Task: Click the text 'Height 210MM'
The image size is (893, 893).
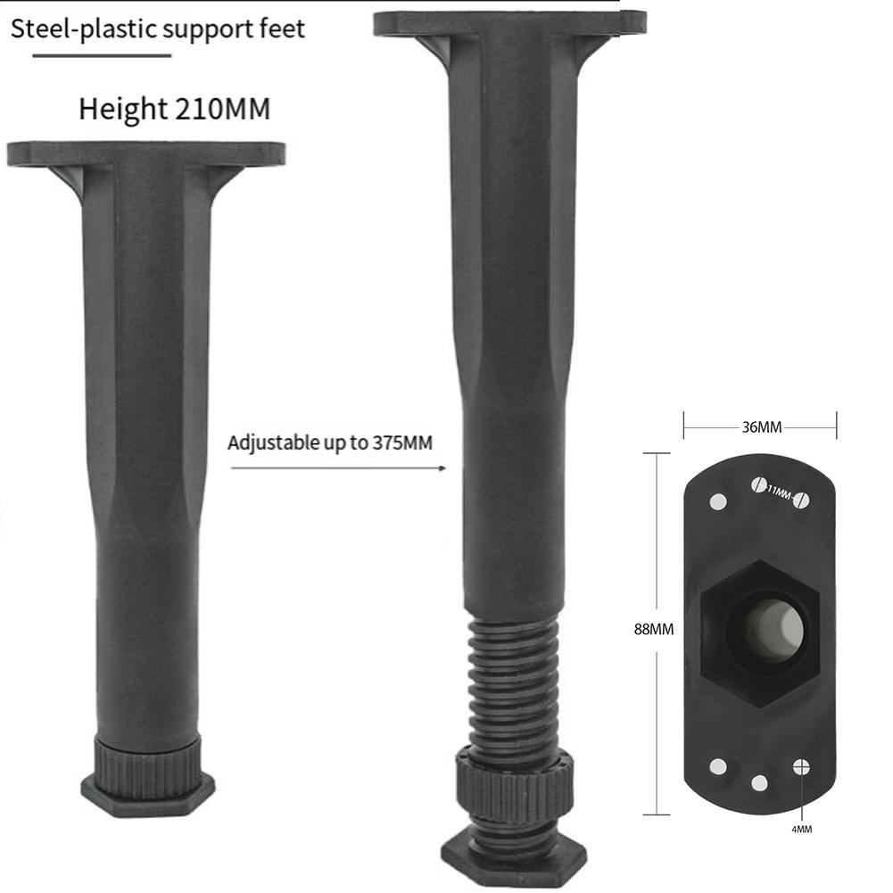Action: [x=174, y=110]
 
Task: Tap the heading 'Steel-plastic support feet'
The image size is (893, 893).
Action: [x=158, y=29]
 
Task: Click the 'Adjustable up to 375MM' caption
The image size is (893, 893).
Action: [x=329, y=442]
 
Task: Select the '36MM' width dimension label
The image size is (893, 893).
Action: [x=761, y=427]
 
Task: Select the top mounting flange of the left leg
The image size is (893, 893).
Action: [x=146, y=154]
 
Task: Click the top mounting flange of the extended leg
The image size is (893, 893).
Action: [x=510, y=22]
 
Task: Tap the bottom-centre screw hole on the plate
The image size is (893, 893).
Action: [x=759, y=782]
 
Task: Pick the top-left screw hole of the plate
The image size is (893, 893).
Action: [x=718, y=501]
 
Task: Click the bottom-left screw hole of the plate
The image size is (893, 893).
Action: [x=718, y=765]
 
